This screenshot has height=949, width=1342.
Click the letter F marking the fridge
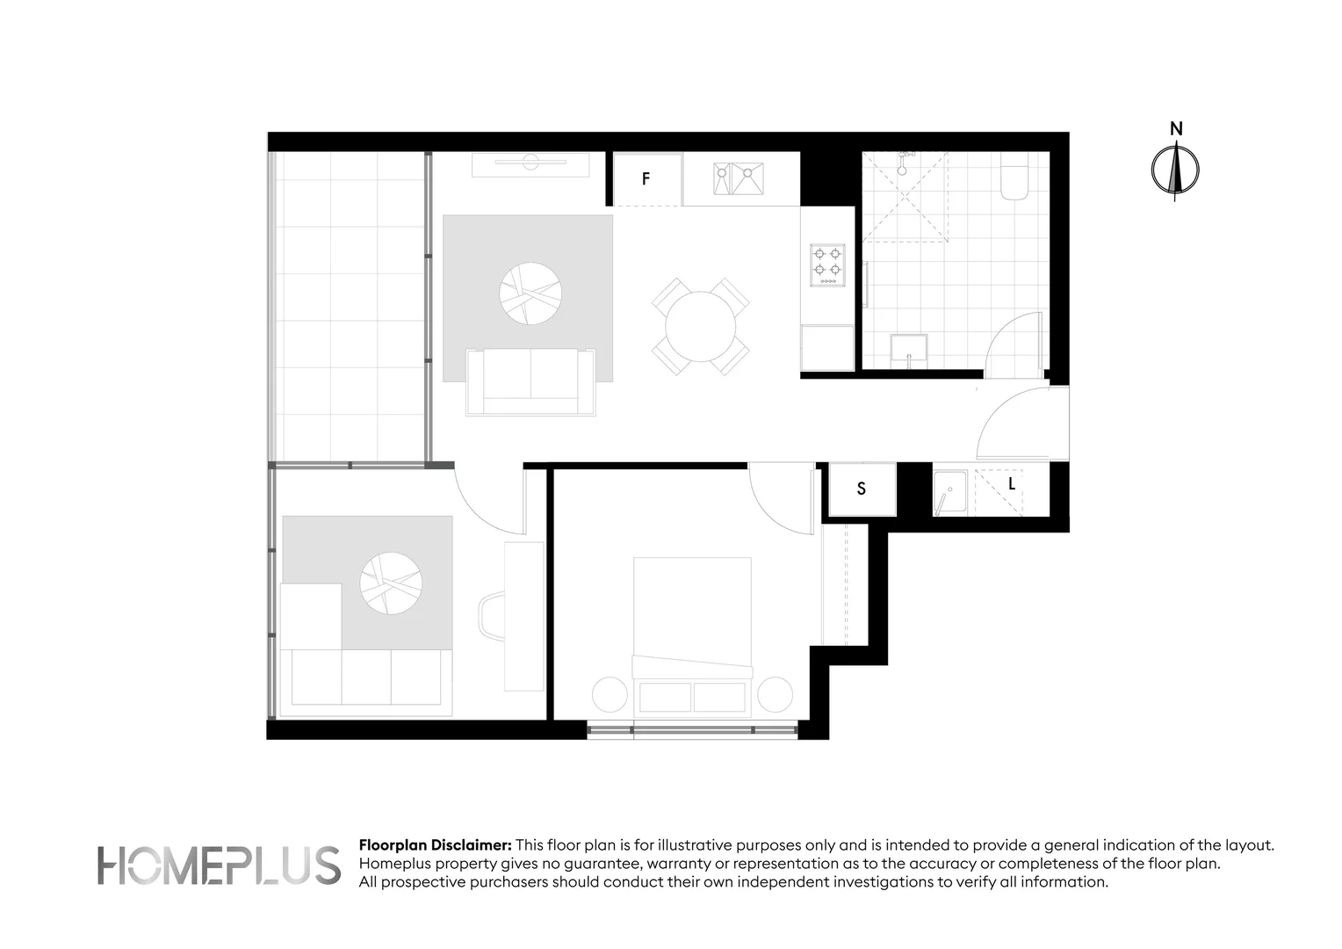click(646, 179)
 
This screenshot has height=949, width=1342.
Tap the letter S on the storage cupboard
click(861, 489)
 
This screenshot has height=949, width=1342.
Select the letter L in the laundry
click(1012, 484)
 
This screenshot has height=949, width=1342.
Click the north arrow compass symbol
click(1175, 168)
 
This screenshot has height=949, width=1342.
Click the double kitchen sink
click(738, 178)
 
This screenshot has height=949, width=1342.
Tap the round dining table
click(700, 327)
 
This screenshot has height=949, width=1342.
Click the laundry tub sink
click(949, 493)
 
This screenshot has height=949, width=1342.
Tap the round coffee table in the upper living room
click(530, 293)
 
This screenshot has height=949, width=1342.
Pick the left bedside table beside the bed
click(610, 694)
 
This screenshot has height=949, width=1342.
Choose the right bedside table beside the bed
click(775, 694)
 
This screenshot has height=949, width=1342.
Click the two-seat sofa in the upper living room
click(530, 382)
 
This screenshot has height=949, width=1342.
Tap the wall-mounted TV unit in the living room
click(530, 163)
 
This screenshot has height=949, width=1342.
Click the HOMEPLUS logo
click(219, 865)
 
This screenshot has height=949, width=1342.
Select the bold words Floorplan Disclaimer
click(435, 845)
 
